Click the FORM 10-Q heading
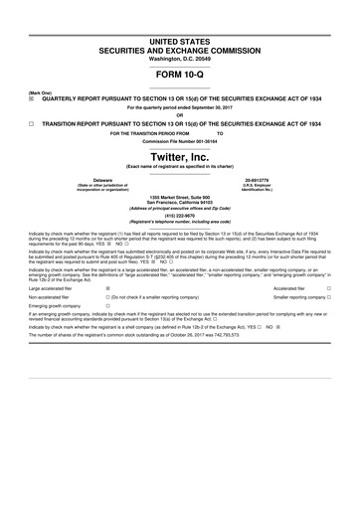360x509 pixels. coord(180,76)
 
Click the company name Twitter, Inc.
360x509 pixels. coord(180,157)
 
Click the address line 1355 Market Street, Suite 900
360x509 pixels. coord(180,196)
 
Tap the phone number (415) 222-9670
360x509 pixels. coord(180,215)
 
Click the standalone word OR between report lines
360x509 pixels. coord(180,113)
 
